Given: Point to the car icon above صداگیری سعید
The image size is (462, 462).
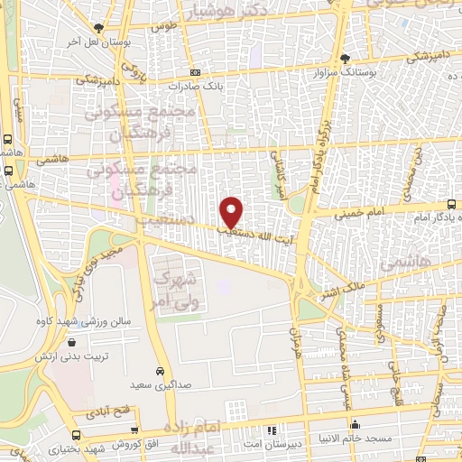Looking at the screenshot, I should pyautogui.click(x=159, y=371).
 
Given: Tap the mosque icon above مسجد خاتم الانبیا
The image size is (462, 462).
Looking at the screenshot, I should pyautogui.click(x=356, y=424).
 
